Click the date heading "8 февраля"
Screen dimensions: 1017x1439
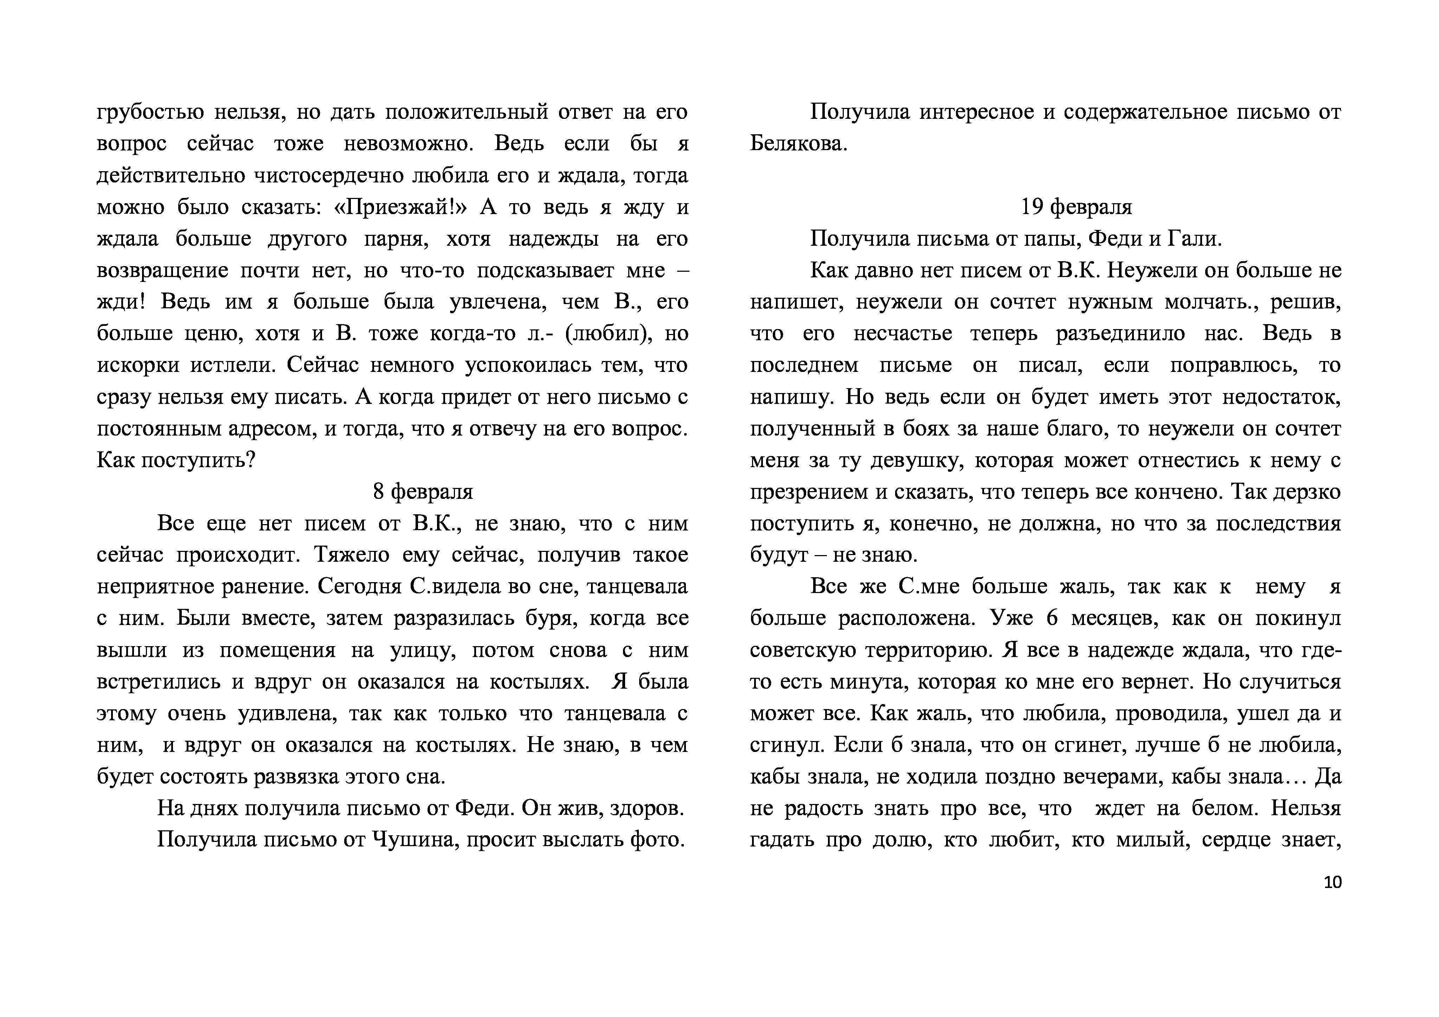(x=423, y=492)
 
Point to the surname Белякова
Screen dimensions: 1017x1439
(x=798, y=144)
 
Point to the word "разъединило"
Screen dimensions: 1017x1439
(x=1120, y=333)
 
